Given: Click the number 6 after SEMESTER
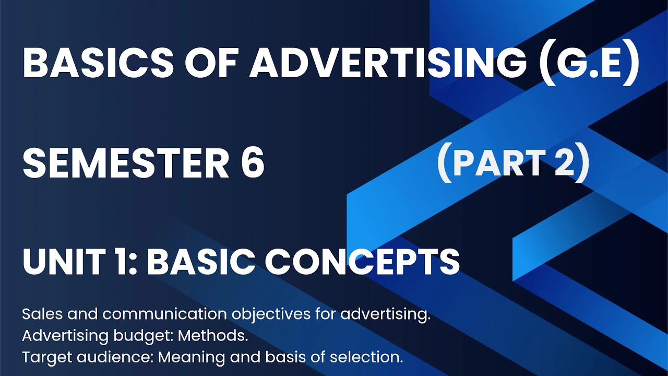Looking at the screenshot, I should [252, 163].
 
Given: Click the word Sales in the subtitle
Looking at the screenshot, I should [41, 315].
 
